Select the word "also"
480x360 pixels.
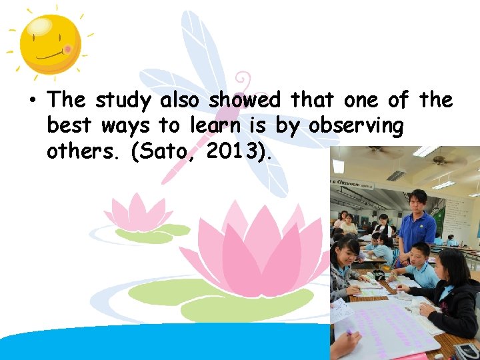click(181, 100)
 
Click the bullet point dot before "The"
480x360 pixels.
click(31, 101)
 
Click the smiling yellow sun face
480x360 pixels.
click(50, 45)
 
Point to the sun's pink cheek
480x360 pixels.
click(67, 50)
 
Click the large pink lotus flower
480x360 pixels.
click(260, 250)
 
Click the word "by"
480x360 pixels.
click(291, 127)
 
